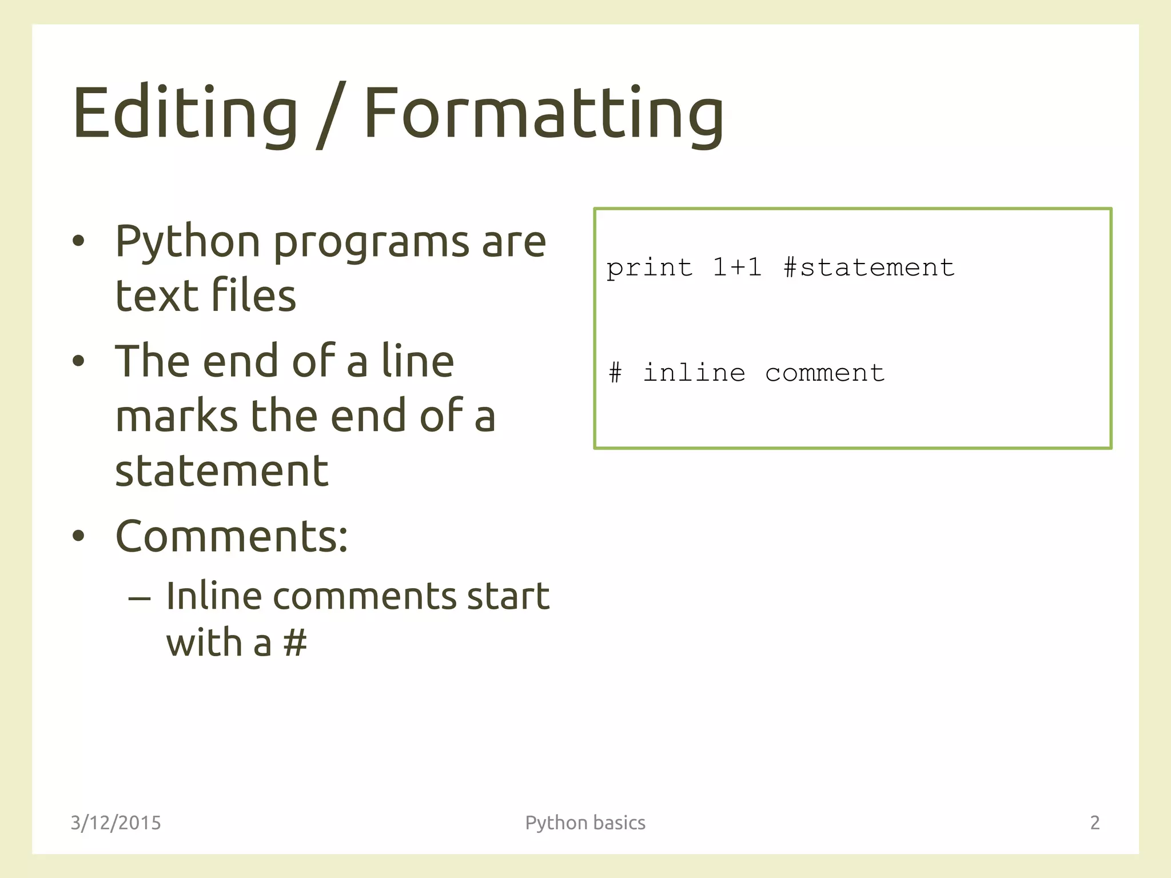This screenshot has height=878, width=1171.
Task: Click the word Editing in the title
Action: pyautogui.click(x=185, y=113)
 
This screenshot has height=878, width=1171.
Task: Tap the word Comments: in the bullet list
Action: pyautogui.click(x=232, y=537)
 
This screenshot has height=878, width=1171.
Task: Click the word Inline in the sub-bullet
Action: pyautogui.click(x=214, y=596)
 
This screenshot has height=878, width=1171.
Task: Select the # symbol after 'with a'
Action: pyautogui.click(x=295, y=642)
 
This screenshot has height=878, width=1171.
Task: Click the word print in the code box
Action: pyautogui.click(x=649, y=268)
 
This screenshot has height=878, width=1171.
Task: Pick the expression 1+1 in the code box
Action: pyautogui.click(x=737, y=267)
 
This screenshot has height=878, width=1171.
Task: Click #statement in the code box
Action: pyautogui.click(x=869, y=267)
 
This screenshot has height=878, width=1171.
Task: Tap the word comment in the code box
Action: pyautogui.click(x=825, y=373)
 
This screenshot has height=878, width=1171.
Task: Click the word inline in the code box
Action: pyautogui.click(x=694, y=373)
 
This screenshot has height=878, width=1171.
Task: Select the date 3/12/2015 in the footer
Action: pyautogui.click(x=115, y=823)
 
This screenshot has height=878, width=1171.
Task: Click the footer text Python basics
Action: pyautogui.click(x=585, y=823)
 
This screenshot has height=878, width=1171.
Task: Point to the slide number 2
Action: pyautogui.click(x=1095, y=823)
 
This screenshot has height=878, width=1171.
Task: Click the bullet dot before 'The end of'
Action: pyautogui.click(x=78, y=361)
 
